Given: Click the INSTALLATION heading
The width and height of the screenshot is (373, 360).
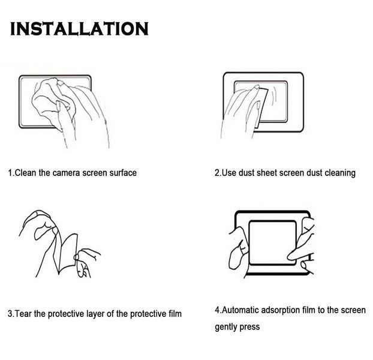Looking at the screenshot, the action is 79,29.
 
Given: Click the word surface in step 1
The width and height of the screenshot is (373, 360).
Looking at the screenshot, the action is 123,173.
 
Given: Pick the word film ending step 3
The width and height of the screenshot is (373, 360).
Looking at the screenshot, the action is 175,314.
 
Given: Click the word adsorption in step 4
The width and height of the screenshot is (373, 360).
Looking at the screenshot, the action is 281,311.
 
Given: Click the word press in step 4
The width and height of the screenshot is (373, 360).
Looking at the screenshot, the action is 249,328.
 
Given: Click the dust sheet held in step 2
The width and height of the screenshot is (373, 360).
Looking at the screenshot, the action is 261,107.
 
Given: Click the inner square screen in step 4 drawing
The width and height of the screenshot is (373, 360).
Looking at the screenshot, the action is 272,242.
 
